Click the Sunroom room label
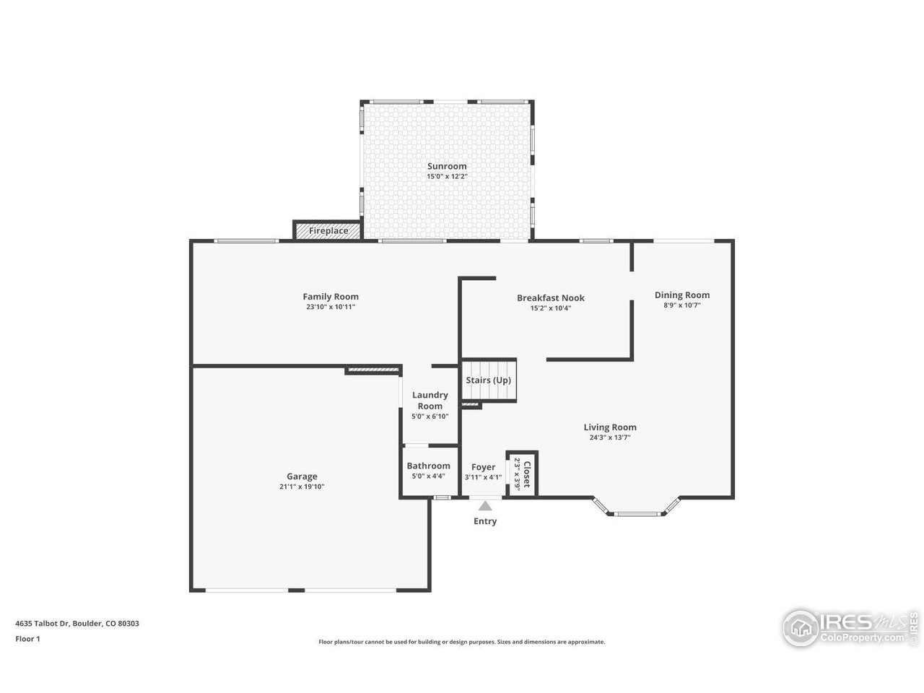coord(446,166)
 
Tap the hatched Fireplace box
coord(328,230)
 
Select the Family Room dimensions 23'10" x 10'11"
coord(330,307)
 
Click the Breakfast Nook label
coord(550,297)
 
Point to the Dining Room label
coord(681,295)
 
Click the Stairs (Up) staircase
coord(489,380)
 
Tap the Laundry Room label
coord(430,400)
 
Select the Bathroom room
coord(428,471)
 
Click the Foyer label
coord(483,467)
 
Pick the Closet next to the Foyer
coord(522,474)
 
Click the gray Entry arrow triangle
coord(484,506)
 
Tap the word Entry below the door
coord(484,521)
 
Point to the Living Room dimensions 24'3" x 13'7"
coord(610,437)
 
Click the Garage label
coord(302,476)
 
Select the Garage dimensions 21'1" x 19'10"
coord(302,487)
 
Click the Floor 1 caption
coord(27,638)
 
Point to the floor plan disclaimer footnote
coord(462,642)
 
